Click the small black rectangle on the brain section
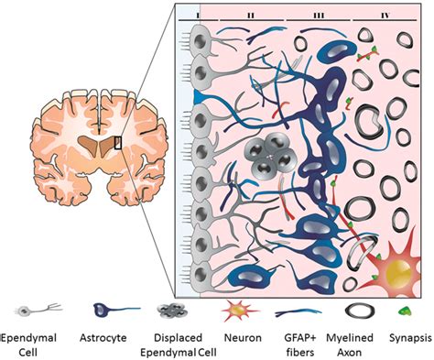pos(116,142)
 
